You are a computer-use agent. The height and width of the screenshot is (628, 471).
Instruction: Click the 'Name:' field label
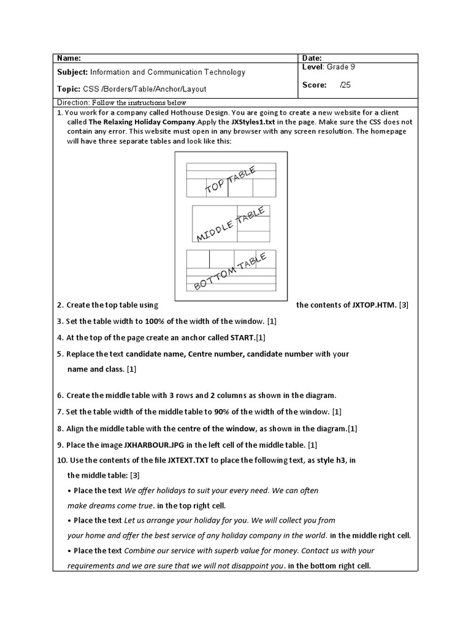[x=69, y=58]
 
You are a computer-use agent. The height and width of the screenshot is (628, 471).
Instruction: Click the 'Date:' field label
[x=312, y=58]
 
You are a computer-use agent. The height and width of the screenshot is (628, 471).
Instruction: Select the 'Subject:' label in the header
[x=73, y=72]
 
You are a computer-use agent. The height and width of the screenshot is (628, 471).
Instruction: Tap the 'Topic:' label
[x=68, y=89]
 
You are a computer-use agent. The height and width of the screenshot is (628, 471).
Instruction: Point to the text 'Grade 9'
[x=340, y=67]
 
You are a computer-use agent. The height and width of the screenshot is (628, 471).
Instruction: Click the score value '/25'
[x=345, y=85]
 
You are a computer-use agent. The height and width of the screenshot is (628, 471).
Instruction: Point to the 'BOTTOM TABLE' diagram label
[x=231, y=272]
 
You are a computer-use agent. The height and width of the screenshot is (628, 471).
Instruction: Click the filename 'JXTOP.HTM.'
[x=375, y=305]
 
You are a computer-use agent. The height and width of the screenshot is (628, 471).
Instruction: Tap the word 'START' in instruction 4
[x=242, y=338]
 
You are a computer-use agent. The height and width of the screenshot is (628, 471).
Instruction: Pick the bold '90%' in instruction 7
[x=222, y=412]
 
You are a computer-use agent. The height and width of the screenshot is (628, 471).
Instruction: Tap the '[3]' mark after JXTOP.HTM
[x=404, y=305]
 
